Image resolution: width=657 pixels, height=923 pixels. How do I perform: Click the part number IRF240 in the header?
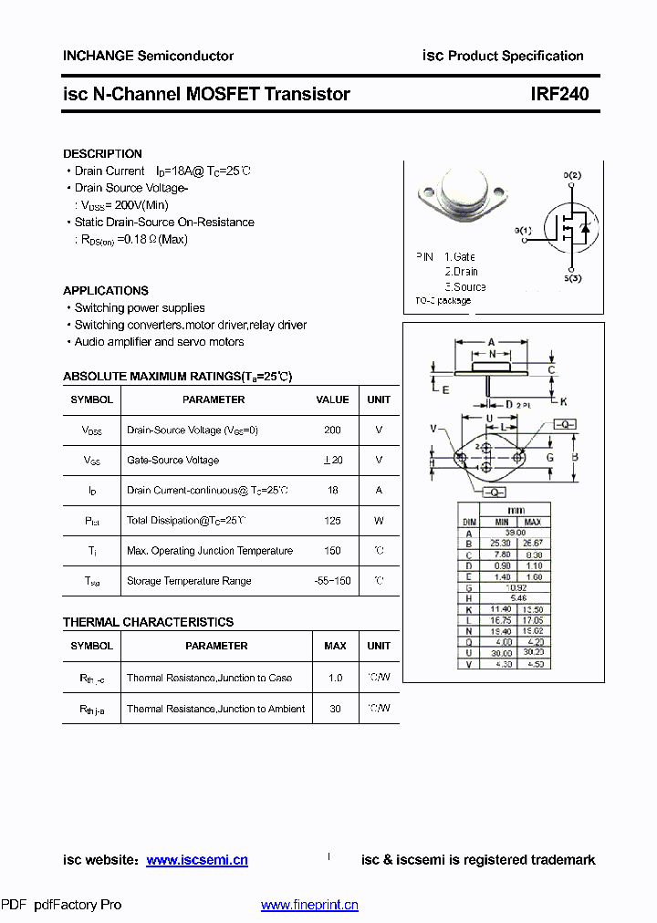click(559, 94)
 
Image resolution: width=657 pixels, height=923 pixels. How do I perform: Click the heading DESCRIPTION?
click(102, 154)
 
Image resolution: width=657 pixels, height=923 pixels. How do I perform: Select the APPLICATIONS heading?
click(106, 291)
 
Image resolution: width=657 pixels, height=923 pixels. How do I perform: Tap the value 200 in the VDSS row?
click(332, 430)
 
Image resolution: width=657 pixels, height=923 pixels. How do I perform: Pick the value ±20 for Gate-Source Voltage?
click(332, 461)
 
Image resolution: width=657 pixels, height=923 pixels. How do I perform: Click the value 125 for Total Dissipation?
click(332, 521)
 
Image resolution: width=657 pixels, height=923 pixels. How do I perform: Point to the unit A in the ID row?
click(379, 491)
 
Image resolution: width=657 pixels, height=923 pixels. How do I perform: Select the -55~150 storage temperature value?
click(332, 581)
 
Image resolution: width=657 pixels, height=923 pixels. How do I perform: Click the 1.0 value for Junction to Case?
click(335, 678)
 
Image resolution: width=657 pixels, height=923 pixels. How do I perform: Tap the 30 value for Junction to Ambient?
click(335, 709)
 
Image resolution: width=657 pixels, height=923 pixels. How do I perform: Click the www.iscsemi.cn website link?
click(197, 860)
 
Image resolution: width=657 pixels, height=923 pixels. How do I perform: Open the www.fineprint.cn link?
click(309, 905)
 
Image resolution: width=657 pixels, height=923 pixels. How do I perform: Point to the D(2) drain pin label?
click(572, 174)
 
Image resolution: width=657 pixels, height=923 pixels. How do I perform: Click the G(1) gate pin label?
click(522, 231)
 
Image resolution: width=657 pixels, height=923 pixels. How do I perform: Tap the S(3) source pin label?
click(572, 278)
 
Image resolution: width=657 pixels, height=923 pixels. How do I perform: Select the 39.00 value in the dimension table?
click(516, 533)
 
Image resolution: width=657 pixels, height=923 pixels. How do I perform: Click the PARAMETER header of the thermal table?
click(216, 646)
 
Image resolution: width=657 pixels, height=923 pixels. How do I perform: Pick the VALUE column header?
click(332, 399)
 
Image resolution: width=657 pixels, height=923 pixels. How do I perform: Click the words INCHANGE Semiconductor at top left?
click(148, 56)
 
